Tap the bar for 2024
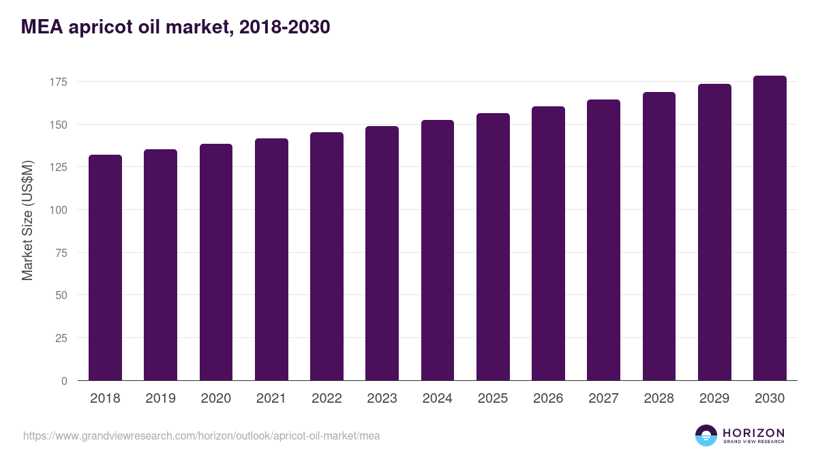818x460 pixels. point(438,250)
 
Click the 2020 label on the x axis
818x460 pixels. point(216,399)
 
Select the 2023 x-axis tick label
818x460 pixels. point(382,399)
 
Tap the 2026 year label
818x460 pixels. point(548,399)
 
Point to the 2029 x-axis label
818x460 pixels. point(714,399)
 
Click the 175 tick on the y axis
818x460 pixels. point(59,82)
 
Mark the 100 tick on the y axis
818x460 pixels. point(59,210)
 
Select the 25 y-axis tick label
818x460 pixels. point(61,338)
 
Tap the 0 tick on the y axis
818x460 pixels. point(64,381)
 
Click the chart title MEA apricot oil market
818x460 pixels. point(176,27)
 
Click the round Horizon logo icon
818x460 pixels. point(706,435)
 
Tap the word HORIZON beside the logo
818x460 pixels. point(753,432)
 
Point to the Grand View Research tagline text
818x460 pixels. point(753,442)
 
